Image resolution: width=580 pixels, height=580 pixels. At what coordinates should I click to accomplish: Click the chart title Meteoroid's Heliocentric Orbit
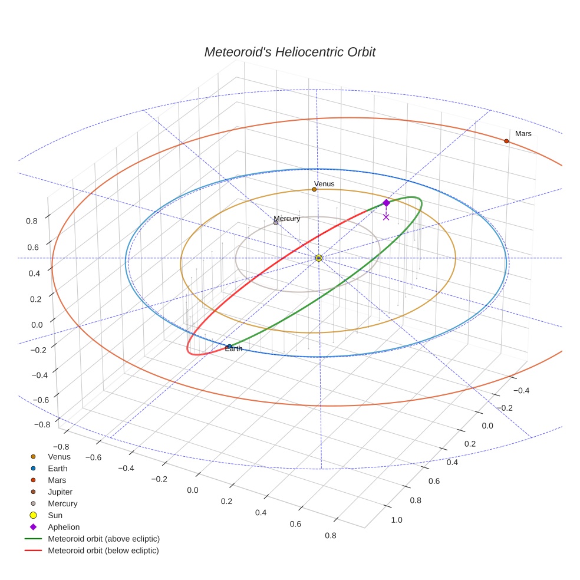(289, 52)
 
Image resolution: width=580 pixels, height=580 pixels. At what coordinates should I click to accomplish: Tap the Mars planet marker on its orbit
(506, 141)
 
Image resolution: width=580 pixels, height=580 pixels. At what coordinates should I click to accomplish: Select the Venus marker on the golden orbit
(314, 189)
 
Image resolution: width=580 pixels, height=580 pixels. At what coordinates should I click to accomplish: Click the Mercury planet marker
(276, 222)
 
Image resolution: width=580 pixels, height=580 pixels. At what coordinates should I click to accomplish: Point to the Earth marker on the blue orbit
(229, 347)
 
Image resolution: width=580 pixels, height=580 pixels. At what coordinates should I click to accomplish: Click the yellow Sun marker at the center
(318, 258)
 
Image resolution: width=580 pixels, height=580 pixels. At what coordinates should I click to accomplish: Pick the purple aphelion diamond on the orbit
(386, 203)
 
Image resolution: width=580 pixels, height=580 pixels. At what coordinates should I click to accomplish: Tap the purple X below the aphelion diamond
(386, 217)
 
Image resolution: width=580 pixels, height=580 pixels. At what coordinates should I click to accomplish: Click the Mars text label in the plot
(523, 134)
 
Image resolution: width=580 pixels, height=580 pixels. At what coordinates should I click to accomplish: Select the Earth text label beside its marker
(233, 350)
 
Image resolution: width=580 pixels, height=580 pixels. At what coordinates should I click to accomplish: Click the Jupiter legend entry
(60, 492)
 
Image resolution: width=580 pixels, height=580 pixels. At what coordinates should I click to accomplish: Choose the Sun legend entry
(55, 516)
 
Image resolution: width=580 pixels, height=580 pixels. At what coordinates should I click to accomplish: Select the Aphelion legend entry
(63, 528)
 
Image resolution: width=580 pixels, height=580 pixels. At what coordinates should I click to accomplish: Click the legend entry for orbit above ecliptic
(103, 539)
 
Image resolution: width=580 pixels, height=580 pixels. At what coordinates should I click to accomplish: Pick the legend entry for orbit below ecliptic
(103, 551)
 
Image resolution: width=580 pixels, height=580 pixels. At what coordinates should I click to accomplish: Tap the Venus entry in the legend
(59, 457)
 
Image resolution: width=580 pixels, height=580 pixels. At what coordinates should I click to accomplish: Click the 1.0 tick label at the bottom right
(397, 520)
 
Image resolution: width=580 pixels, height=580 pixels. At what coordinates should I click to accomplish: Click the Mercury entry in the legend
(62, 504)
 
